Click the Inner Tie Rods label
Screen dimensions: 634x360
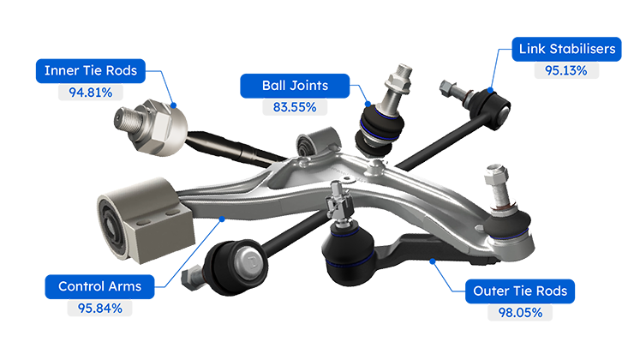click(91, 71)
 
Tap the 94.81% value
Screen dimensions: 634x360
click(91, 93)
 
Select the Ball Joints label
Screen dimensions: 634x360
click(295, 86)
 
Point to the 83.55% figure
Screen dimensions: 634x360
click(295, 107)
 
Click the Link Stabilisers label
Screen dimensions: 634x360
click(566, 49)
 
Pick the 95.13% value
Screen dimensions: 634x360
click(566, 70)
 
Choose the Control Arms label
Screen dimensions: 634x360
click(99, 287)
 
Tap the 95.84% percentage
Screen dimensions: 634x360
click(100, 309)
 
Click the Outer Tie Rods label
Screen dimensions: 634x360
click(520, 291)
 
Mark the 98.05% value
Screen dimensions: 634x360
click(520, 313)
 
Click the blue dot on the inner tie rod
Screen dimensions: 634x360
click(173, 105)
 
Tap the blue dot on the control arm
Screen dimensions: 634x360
click(222, 219)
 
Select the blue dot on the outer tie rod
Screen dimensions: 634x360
click(433, 261)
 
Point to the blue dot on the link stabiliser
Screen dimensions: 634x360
click(490, 90)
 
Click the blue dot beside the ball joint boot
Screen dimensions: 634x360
click(368, 104)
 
